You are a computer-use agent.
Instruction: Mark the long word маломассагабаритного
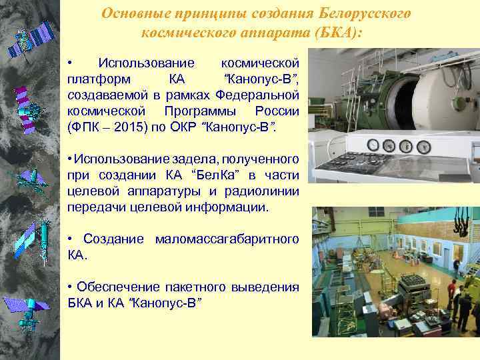pos(227,239)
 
